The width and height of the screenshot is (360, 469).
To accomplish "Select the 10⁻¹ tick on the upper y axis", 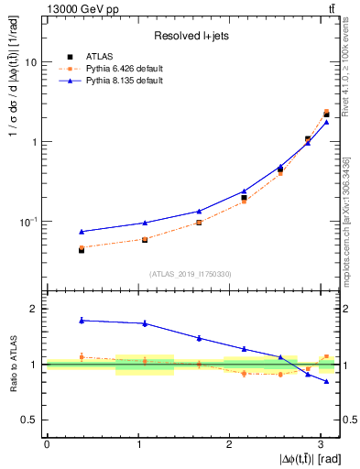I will pos(30,222).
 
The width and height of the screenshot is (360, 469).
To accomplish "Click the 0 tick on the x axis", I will pos(47,443).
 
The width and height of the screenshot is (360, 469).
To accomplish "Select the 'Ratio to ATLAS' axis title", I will pos(11,364).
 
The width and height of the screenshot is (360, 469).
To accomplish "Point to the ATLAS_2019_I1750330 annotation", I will pos(190,274).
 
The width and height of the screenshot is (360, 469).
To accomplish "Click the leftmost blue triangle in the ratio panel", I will pos(82,320).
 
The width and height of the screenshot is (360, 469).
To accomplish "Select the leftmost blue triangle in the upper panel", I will pos(82,232).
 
